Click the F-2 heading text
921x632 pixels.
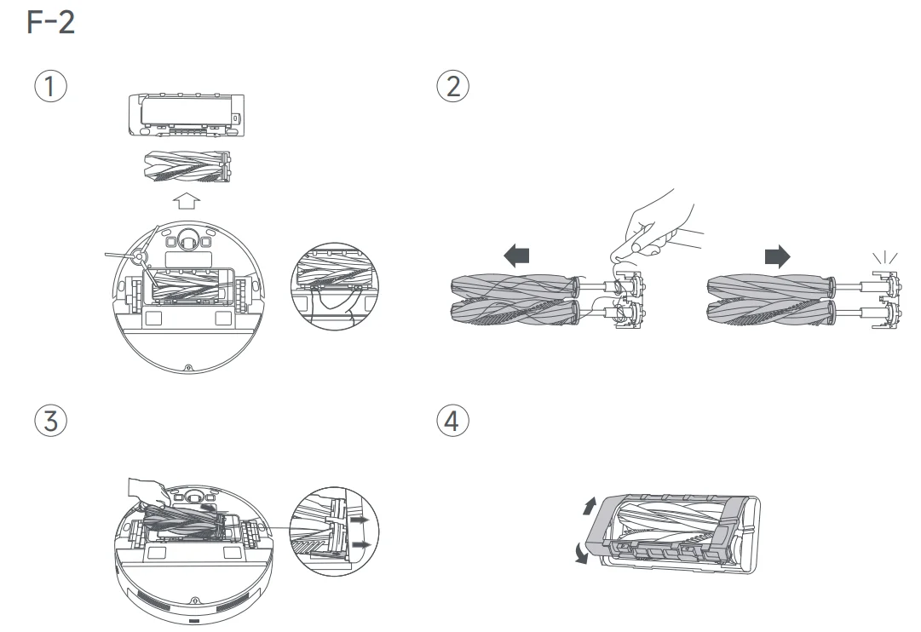click(52, 22)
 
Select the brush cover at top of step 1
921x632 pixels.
click(185, 114)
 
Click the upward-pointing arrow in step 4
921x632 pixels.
click(584, 507)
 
